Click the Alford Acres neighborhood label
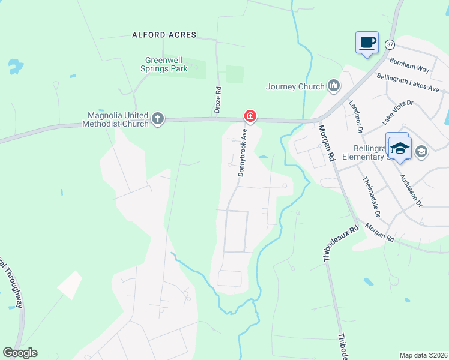click(164, 35)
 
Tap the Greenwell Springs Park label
click(166, 64)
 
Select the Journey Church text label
click(295, 86)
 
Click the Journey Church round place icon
click(334, 87)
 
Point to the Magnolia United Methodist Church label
click(118, 119)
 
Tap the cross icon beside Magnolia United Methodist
click(158, 118)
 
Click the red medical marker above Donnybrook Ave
click(250, 115)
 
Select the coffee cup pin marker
click(367, 43)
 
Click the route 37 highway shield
click(390, 44)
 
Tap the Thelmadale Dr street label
click(371, 196)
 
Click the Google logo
click(20, 353)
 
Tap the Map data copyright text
click(423, 355)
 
